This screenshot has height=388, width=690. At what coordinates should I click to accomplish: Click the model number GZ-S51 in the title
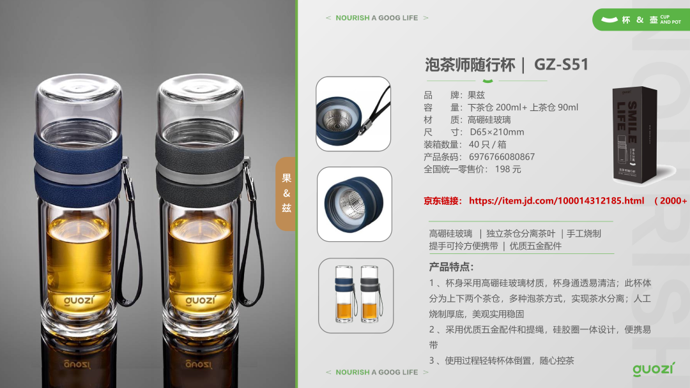click(x=561, y=64)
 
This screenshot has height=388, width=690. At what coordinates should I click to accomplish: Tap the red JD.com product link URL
click(x=556, y=201)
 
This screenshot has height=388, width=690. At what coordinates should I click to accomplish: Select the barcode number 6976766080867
click(x=502, y=157)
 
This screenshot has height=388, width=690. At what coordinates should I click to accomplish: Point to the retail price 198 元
click(x=508, y=169)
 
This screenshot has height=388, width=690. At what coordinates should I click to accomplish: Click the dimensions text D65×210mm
click(x=497, y=132)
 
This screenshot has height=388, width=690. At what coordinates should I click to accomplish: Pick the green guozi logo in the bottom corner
click(x=654, y=369)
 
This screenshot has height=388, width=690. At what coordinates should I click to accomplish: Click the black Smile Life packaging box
click(x=635, y=135)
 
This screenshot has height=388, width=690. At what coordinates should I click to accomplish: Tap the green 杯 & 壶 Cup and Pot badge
click(x=641, y=19)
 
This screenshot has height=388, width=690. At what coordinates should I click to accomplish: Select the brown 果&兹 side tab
click(x=286, y=193)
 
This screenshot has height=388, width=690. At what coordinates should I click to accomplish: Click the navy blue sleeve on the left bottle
click(x=79, y=169)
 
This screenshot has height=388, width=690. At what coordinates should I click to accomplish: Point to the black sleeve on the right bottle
click(x=200, y=169)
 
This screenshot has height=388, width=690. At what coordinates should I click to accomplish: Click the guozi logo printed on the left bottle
click(x=79, y=301)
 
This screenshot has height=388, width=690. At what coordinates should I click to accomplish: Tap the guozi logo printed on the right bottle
click(x=201, y=301)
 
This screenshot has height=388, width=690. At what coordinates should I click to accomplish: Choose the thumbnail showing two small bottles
click(x=356, y=295)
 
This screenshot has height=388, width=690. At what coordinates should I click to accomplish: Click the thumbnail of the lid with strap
click(x=353, y=114)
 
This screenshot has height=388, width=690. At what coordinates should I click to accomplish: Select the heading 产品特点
click(x=451, y=267)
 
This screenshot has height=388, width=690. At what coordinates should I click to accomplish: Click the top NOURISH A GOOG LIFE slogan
click(x=377, y=18)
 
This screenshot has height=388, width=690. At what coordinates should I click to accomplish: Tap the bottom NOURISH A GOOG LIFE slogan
click(x=377, y=372)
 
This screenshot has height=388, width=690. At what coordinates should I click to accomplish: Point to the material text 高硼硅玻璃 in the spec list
click(x=489, y=120)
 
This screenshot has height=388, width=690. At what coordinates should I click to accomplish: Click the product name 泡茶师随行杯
click(x=470, y=65)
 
